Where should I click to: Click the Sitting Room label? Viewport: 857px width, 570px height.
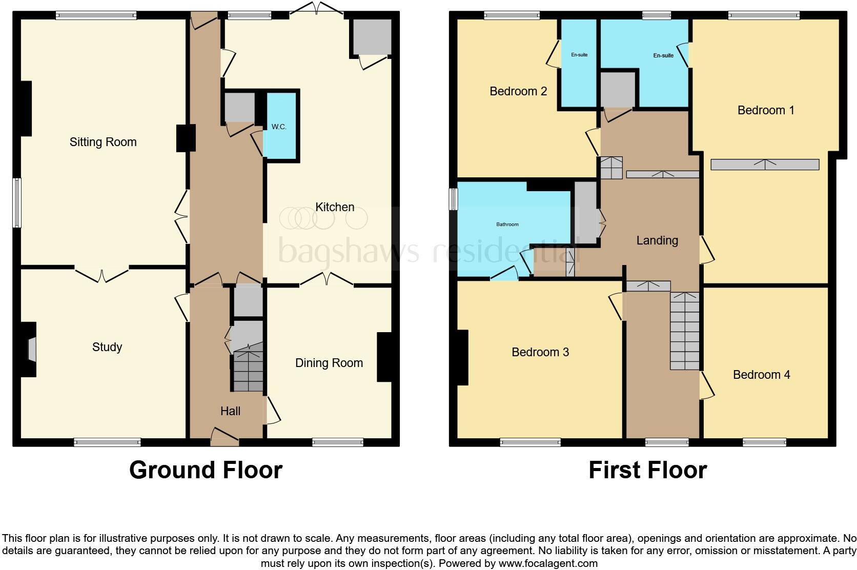point(103,142)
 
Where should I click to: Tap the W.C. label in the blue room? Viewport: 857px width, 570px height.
point(279,127)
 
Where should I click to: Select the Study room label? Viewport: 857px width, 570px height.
point(107,347)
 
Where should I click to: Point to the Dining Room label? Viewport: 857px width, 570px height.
point(329,363)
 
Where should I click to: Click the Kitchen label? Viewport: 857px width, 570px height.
point(335,207)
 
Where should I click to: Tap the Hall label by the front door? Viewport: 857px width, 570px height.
point(230,411)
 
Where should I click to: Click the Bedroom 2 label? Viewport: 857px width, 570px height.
point(518,91)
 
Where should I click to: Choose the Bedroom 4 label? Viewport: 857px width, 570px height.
point(761,375)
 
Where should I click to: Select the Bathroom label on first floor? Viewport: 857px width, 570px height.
point(507,224)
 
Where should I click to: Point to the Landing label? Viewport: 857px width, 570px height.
point(657,240)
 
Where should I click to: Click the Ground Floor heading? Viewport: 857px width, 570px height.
point(206,470)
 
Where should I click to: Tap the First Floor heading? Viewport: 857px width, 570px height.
point(647,470)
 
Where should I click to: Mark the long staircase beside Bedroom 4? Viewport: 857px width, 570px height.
point(685,331)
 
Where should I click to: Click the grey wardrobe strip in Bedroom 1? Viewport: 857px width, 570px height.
point(764,165)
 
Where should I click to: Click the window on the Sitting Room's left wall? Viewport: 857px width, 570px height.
point(17,202)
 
